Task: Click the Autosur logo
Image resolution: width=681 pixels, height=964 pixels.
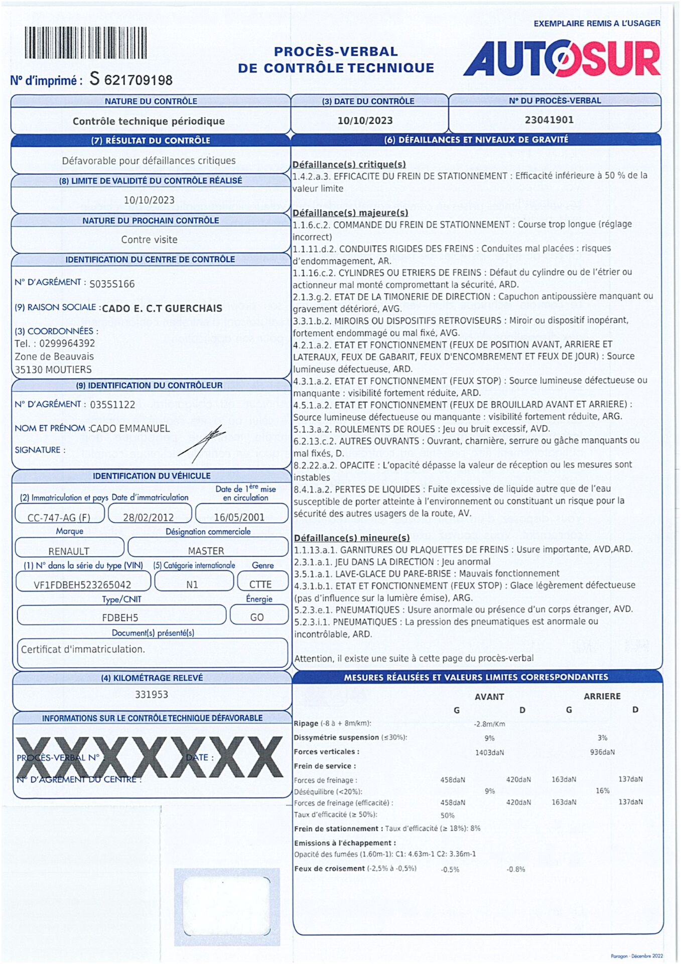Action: pos(562,59)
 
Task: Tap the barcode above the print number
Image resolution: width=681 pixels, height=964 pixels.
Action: pos(86,43)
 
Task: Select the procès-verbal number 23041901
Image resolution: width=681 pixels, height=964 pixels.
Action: pos(549,120)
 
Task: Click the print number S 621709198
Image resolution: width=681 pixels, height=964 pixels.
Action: pos(131,79)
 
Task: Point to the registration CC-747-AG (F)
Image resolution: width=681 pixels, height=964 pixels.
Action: pos(59,517)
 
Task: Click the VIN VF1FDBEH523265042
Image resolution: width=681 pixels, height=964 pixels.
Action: pos(82,584)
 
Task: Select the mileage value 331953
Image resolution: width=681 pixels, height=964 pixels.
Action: pos(152,694)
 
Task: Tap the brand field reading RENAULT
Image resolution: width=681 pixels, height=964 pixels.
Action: pos(69,551)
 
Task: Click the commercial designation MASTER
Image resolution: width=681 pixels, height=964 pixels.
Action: pos(206,551)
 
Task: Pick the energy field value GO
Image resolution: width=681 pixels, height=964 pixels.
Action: pos(257,617)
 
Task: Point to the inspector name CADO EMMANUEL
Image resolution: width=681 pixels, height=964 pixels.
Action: pos(130,428)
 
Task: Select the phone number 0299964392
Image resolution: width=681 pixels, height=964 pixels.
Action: pos(67,343)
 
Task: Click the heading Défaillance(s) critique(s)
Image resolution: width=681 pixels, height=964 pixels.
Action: pos(349,164)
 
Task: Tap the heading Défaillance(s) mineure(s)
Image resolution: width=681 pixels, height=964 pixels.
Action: pos(352,538)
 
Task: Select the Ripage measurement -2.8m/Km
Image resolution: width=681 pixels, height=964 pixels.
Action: pos(489,724)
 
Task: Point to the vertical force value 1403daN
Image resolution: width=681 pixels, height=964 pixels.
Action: pos(489,752)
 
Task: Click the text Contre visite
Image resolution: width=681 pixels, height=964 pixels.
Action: pos(149,239)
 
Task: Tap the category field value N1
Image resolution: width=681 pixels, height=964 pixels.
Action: pos(192,584)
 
